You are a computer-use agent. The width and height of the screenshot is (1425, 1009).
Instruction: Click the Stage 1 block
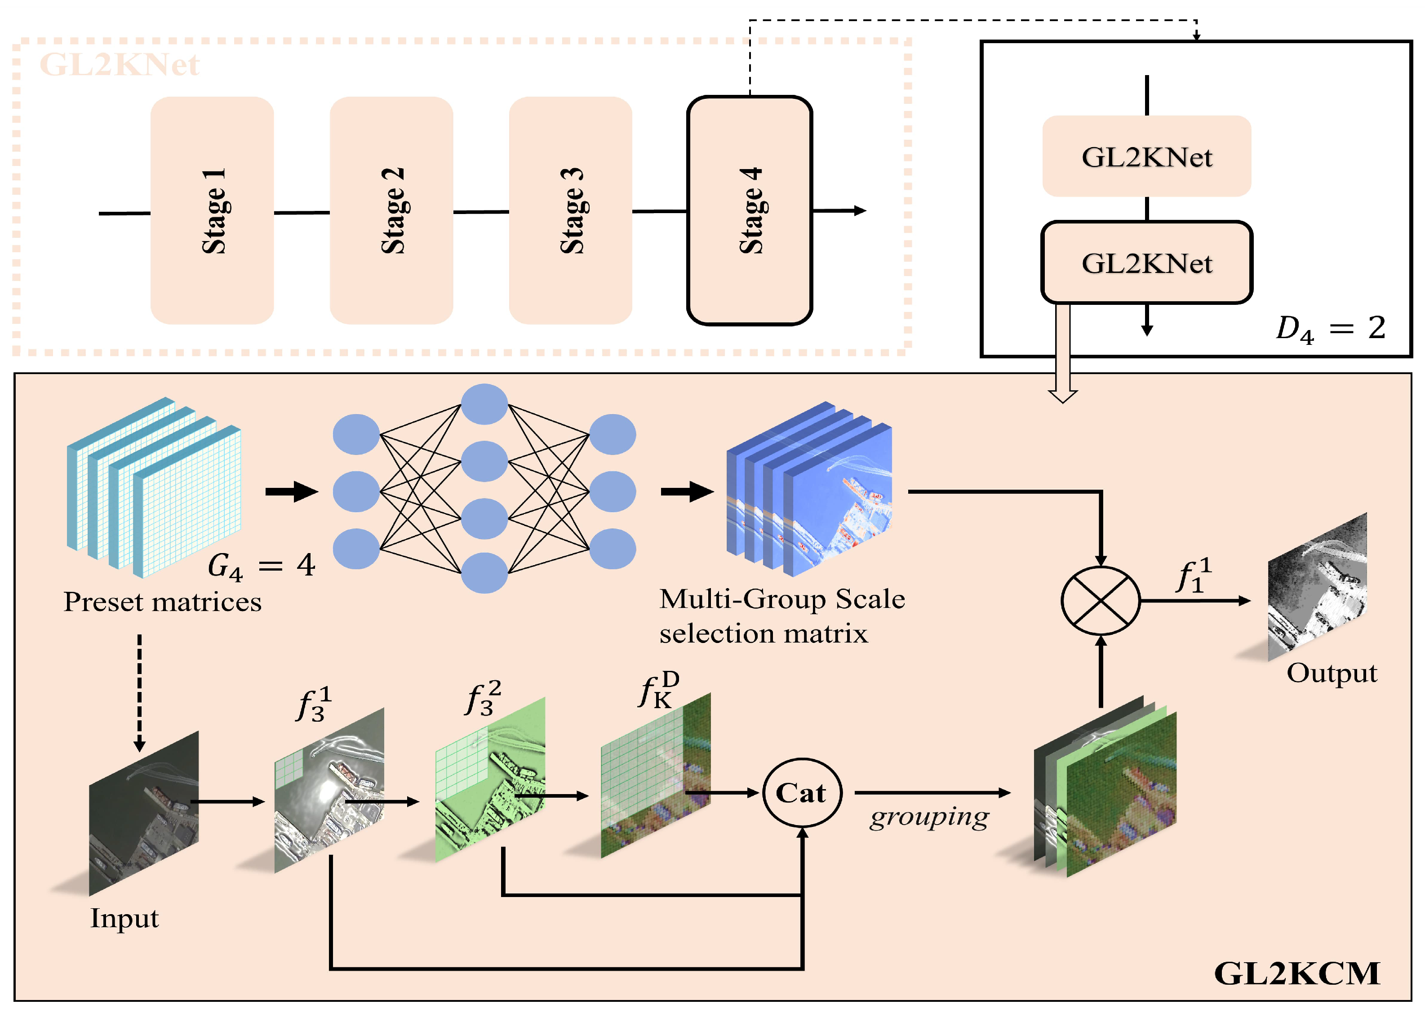(212, 210)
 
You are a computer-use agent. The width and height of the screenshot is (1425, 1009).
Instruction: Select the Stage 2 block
(391, 210)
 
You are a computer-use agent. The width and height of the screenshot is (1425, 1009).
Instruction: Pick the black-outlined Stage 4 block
(750, 210)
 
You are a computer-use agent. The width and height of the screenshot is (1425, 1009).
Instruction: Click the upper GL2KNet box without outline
(1146, 156)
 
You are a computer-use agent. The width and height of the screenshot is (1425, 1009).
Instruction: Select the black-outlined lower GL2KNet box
(1146, 263)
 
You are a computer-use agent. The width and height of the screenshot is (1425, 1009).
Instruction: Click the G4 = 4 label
(261, 565)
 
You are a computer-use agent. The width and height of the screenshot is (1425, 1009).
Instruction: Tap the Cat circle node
(802, 793)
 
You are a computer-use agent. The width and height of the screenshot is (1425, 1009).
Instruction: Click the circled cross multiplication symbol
(1100, 601)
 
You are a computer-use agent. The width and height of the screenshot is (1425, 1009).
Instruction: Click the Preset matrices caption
(163, 602)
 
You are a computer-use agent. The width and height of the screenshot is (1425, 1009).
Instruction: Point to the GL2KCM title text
(1296, 973)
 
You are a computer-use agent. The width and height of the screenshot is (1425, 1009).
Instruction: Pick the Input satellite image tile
(144, 814)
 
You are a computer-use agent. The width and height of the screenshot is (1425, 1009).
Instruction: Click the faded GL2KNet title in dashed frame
(119, 64)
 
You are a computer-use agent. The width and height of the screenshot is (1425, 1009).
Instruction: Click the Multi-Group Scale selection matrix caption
(781, 616)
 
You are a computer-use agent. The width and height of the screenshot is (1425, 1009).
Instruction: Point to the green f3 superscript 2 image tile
(491, 779)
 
